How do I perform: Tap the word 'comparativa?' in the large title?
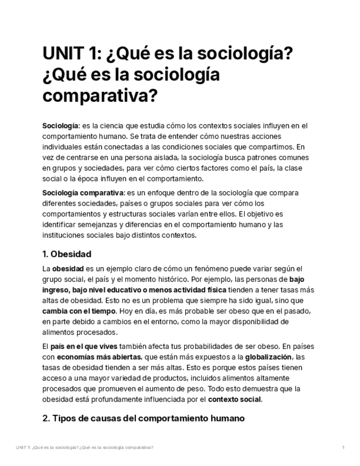[99, 96]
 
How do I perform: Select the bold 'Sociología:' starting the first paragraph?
[61, 126]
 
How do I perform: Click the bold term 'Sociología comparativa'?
[83, 193]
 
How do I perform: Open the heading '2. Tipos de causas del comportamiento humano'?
[143, 418]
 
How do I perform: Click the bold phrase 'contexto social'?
[235, 399]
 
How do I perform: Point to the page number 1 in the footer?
[343, 448]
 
